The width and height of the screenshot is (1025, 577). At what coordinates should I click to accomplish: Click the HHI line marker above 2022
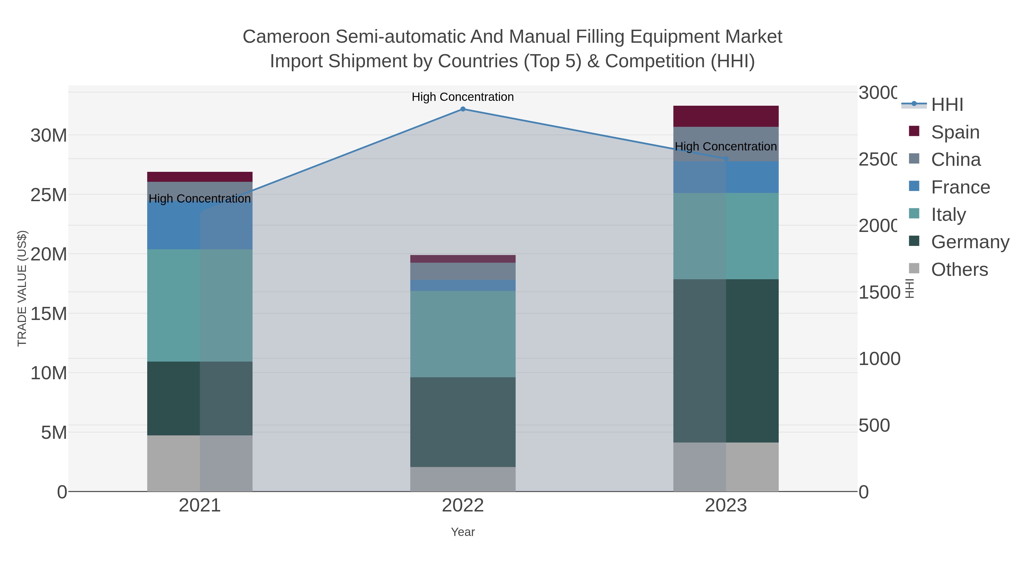[x=463, y=109]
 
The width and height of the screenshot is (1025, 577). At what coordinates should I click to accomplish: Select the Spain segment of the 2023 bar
[x=726, y=116]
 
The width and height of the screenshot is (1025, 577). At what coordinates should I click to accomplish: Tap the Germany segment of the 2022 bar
[x=463, y=422]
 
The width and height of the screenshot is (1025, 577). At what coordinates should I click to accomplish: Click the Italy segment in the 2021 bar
[x=200, y=305]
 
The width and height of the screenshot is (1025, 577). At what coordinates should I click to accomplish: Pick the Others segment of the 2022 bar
[x=463, y=479]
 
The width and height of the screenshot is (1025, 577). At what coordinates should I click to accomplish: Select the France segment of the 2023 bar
[x=726, y=177]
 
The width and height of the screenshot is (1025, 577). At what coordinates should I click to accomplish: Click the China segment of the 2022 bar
[x=463, y=271]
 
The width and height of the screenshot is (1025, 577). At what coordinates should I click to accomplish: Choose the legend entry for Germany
[x=970, y=242]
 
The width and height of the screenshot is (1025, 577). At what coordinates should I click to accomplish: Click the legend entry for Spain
[x=955, y=132]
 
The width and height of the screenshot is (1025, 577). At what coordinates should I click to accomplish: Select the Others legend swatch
[x=914, y=269]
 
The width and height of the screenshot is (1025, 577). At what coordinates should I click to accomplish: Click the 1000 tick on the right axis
[x=879, y=359]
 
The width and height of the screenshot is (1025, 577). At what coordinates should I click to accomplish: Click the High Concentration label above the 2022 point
[x=463, y=97]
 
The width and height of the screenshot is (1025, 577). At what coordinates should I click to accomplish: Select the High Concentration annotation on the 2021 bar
[x=200, y=198]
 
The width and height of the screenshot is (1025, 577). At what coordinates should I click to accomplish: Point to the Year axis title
[x=463, y=532]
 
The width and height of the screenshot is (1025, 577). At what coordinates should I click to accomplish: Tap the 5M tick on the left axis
[x=54, y=433]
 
